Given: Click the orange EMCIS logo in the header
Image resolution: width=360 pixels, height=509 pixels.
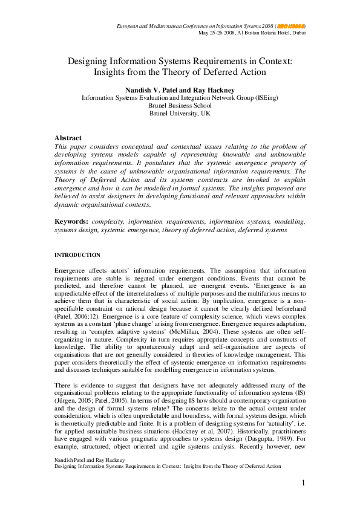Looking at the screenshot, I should (x=292, y=26).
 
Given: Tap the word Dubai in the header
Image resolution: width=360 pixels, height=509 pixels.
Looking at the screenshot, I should (x=297, y=33).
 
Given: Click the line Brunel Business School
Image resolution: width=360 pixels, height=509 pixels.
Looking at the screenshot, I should (x=180, y=105).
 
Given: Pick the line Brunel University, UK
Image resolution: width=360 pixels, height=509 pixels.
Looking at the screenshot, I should (x=180, y=112).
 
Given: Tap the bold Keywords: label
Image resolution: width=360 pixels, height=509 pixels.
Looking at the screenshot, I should (x=72, y=222).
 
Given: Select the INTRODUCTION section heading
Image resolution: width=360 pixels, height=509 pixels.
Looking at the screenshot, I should (x=77, y=255).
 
